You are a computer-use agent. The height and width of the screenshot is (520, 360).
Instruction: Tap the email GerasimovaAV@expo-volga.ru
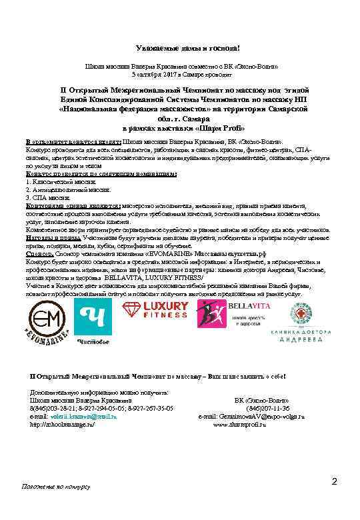click(270, 416)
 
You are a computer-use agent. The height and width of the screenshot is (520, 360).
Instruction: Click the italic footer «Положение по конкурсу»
click(57, 487)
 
